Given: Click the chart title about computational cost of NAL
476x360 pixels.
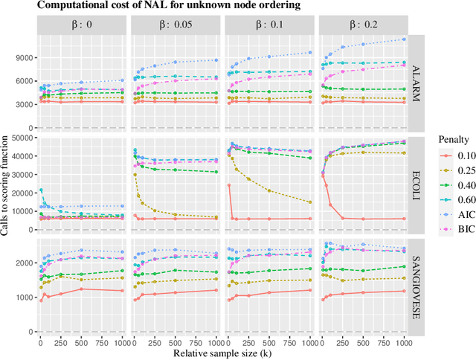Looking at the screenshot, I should tap(148, 7).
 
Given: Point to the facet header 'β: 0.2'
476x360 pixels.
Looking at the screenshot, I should tap(362, 25).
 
